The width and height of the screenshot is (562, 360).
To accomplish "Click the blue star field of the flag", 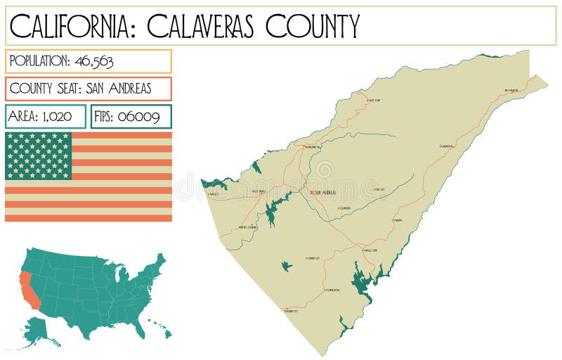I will [39, 155].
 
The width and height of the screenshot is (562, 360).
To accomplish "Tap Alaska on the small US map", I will [40, 330].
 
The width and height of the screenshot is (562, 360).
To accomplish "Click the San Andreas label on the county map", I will [325, 192].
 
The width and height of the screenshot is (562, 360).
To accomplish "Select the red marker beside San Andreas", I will [311, 191].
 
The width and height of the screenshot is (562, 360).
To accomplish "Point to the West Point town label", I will [374, 101].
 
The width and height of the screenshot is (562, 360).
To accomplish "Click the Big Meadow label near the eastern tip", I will [511, 90].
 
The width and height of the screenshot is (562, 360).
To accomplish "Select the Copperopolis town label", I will [332, 290].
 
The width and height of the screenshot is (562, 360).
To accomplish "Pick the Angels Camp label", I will [370, 250].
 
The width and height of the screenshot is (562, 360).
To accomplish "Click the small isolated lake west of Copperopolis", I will [286, 266].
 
